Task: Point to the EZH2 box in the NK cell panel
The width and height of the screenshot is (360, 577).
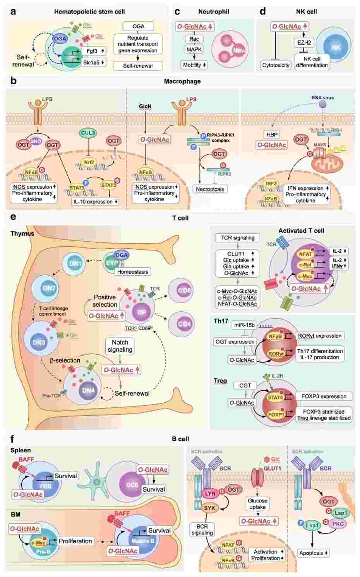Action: pyautogui.click(x=304, y=43)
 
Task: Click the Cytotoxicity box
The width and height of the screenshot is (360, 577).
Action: pyautogui.click(x=276, y=65)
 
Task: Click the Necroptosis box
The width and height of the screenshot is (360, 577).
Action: pyautogui.click(x=210, y=189)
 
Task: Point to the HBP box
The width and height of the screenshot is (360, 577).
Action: pyautogui.click(x=271, y=134)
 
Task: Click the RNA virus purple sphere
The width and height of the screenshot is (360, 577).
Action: pyautogui.click(x=322, y=105)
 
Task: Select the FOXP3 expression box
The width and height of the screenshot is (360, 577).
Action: pyautogui.click(x=324, y=396)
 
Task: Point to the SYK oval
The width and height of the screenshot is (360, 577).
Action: pyautogui.click(x=211, y=507)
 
